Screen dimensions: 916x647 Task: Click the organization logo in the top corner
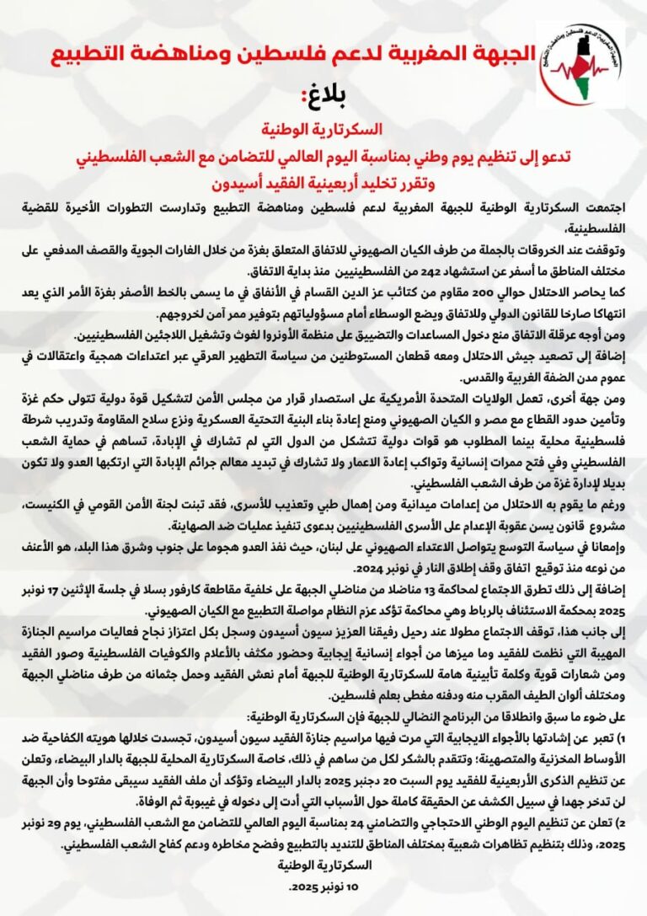580,64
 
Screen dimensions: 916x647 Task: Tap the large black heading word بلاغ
324,92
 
